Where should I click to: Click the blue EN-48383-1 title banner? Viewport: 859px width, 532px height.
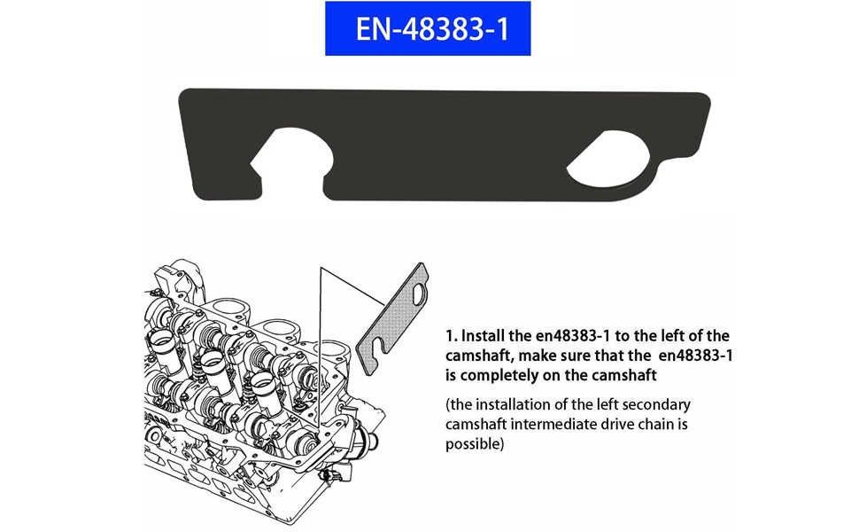click(x=428, y=28)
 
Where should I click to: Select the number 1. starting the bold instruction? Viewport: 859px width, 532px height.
click(x=451, y=336)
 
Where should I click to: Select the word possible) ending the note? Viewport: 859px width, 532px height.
click(x=475, y=442)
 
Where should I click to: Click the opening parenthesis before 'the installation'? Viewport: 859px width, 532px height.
click(x=448, y=405)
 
